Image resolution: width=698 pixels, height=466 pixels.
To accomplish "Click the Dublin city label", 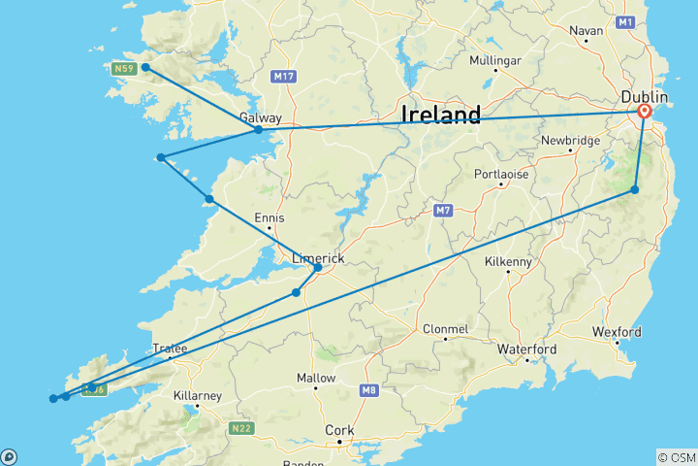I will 644,98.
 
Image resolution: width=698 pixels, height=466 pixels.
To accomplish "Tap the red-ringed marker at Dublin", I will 646,112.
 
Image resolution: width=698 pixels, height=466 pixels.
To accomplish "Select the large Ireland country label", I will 441,116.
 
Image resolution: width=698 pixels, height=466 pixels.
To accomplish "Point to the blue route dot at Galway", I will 258,129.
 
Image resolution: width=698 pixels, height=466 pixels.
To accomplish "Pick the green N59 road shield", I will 123,69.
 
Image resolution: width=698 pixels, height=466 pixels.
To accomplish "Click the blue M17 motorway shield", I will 284,77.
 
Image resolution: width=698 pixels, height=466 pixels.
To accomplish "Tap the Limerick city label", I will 319,258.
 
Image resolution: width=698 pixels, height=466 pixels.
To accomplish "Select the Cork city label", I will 340,430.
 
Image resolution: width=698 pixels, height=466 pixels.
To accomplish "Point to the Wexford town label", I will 618,332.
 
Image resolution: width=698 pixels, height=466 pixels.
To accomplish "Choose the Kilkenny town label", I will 508,262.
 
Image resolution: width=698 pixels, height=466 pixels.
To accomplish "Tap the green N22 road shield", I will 241,427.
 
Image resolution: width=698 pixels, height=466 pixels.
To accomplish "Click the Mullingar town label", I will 495,60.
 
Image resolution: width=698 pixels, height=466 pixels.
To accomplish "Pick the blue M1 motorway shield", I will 625,21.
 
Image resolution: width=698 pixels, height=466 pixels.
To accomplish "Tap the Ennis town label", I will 270,218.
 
